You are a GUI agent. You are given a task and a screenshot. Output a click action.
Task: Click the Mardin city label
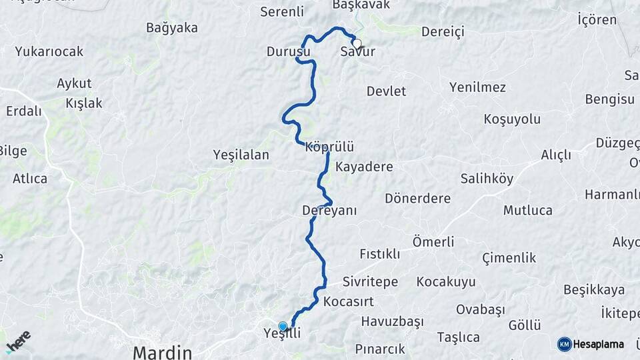pos(162,351)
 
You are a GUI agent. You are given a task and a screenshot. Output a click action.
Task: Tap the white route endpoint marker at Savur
pos(357,44)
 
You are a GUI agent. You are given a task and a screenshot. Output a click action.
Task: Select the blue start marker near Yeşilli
pos(283,326)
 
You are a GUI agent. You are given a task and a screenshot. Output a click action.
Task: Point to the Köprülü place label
pos(329,147)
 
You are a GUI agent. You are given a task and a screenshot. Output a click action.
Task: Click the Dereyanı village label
pos(329,211)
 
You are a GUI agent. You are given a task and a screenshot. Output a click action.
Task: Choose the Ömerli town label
pos(433,241)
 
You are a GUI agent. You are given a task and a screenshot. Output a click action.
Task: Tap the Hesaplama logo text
pos(599,344)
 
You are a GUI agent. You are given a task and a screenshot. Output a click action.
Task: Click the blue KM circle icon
pos(565,344)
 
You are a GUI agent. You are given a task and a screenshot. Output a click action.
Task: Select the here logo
pos(18,341)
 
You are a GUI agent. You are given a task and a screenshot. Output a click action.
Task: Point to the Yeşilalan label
pos(241,155)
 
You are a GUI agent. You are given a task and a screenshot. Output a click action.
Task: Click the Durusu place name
pos(288,51)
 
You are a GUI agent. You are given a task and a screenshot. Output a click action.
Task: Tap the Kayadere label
pos(364,167)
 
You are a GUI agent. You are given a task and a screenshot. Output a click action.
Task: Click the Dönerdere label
pos(417,199)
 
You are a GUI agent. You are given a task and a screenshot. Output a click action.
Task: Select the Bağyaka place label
pos(172,28)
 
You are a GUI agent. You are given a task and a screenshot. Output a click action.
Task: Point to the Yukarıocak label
pos(49,51)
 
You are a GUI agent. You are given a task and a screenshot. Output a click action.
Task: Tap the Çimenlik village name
pos(509,258)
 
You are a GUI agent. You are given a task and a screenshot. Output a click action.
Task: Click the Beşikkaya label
pos(594,290)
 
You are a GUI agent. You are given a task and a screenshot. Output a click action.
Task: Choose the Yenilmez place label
pos(477,87)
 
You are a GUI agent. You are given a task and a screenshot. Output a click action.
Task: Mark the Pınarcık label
pos(380,349)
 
